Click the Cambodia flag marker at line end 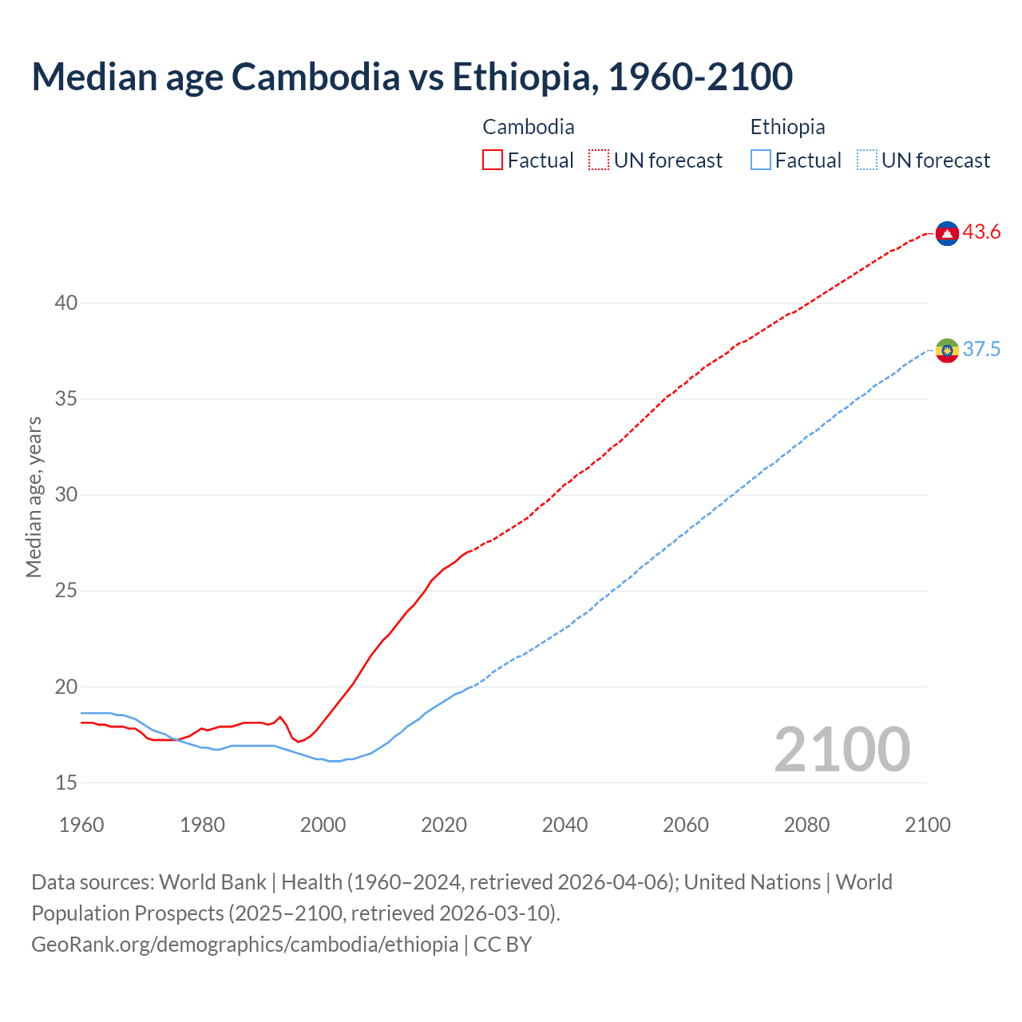(x=947, y=233)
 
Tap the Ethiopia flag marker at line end (x=947, y=350)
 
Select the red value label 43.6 (x=981, y=232)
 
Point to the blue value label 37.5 (x=981, y=350)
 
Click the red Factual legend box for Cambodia (x=493, y=160)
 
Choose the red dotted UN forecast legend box (x=599, y=160)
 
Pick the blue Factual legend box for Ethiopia (x=761, y=160)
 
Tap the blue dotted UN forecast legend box (x=866, y=160)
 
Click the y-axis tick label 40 (x=66, y=303)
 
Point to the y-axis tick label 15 (x=66, y=783)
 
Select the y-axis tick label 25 (x=66, y=591)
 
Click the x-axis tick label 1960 (x=81, y=825)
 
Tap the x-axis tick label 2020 (x=444, y=825)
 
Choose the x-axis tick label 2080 (x=806, y=825)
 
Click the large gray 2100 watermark (x=842, y=750)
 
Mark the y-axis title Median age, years (x=34, y=496)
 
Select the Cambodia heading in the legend (x=529, y=127)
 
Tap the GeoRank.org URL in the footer (x=244, y=945)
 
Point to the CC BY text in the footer (x=503, y=945)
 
